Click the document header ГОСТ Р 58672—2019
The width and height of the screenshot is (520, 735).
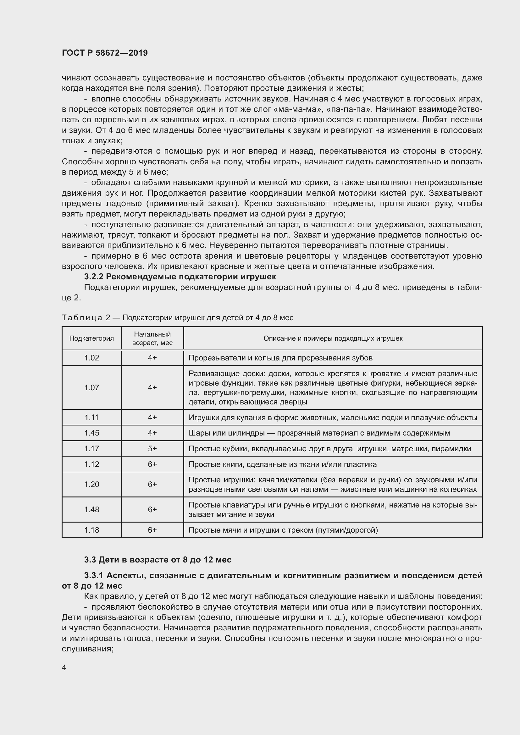pyautogui.click(x=105, y=53)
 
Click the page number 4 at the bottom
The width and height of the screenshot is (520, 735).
pyautogui.click(x=64, y=667)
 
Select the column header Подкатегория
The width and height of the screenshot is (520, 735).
pyautogui.click(x=91, y=338)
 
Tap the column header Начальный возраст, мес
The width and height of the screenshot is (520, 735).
pyautogui.click(x=152, y=338)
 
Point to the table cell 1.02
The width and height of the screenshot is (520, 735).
pyautogui.click(x=91, y=358)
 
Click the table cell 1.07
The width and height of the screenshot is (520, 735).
pyautogui.click(x=91, y=388)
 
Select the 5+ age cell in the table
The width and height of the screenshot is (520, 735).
pyautogui.click(x=152, y=448)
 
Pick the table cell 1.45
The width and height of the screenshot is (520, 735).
pyautogui.click(x=91, y=433)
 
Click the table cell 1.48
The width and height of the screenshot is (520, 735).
pyautogui.click(x=91, y=509)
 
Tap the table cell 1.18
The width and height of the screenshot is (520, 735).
pyautogui.click(x=91, y=530)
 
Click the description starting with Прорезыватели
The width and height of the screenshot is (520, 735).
pyautogui.click(x=280, y=358)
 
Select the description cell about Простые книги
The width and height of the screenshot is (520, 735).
pyautogui.click(x=282, y=464)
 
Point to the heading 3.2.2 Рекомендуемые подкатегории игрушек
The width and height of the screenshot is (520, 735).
pyautogui.click(x=180, y=276)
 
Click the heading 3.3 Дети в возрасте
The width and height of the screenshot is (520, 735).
pyautogui.click(x=158, y=560)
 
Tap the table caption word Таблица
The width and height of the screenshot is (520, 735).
pyautogui.click(x=82, y=318)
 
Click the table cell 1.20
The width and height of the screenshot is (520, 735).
pyautogui.click(x=91, y=484)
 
